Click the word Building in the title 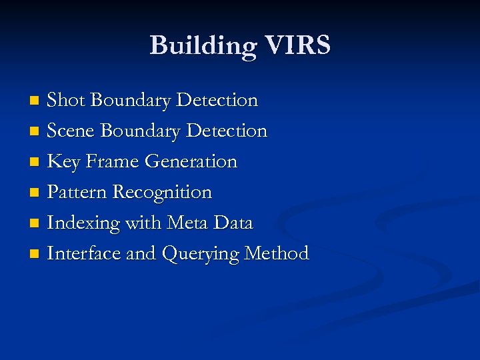[201, 46]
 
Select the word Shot [66, 100]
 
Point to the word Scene [71, 131]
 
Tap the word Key [63, 162]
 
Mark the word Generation [191, 161]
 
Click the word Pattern [77, 192]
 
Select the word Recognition [162, 193]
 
